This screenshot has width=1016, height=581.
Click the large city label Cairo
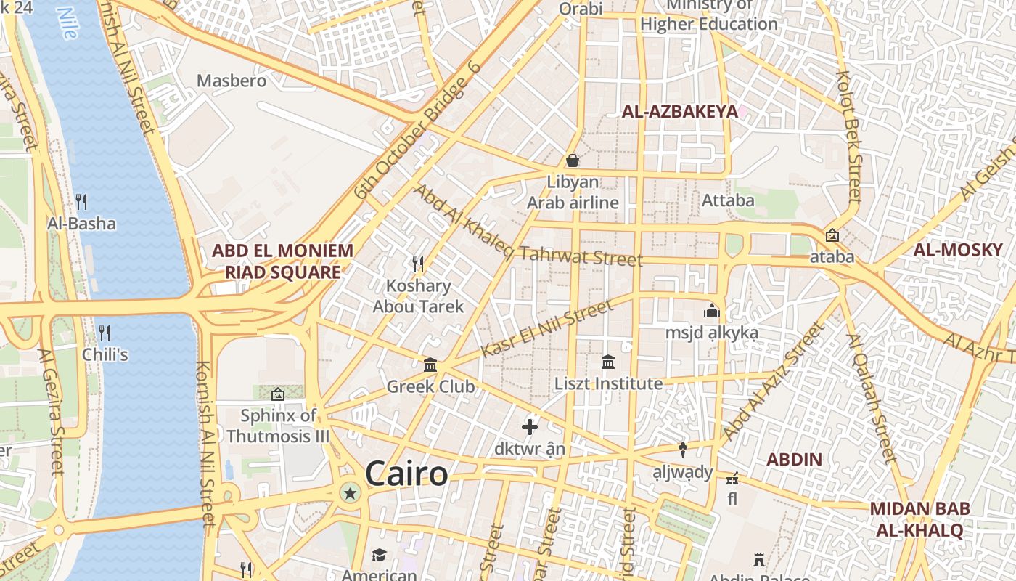tap(406, 474)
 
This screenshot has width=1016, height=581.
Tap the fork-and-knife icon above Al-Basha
tap(81, 201)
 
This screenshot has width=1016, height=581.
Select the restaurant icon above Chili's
tap(105, 333)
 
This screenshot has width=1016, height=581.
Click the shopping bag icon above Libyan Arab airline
tap(573, 160)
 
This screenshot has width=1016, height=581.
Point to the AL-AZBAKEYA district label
tap(680, 111)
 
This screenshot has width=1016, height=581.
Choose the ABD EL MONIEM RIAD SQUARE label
tap(282, 261)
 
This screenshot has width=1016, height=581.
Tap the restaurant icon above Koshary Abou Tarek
tap(418, 263)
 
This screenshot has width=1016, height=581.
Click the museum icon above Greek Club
tap(430, 365)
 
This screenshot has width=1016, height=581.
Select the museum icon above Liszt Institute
tap(608, 362)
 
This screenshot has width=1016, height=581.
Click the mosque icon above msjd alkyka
tap(711, 311)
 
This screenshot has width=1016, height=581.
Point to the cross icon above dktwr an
tap(530, 427)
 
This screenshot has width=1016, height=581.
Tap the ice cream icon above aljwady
tap(682, 450)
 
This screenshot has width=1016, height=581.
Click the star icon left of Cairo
tap(351, 494)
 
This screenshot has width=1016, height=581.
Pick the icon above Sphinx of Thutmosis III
tap(278, 394)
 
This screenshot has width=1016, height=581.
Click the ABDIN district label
tap(794, 460)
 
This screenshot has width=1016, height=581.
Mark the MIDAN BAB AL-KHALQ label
tap(919, 519)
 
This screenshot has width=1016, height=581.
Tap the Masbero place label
tap(232, 81)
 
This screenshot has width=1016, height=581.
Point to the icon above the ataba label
tap(832, 236)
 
